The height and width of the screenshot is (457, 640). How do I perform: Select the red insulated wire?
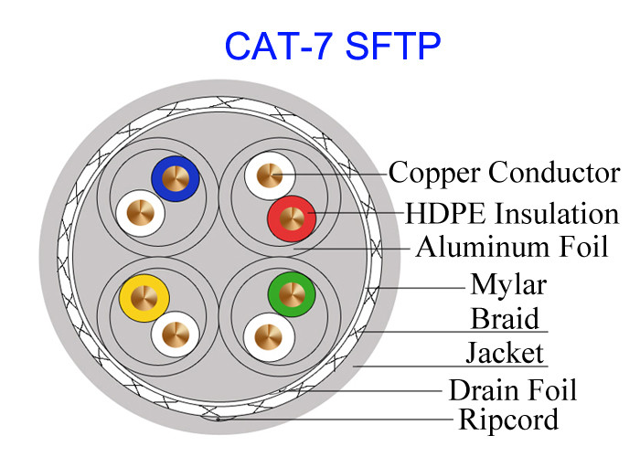click(291, 218)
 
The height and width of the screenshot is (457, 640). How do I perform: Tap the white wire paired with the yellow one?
click(175, 335)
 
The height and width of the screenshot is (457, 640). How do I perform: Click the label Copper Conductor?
click(504, 172)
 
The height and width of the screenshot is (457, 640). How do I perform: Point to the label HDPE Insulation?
click(512, 214)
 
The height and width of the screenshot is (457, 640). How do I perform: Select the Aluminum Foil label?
click(511, 247)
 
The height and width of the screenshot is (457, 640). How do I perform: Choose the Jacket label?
click(505, 353)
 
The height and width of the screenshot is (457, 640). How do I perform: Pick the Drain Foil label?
click(512, 390)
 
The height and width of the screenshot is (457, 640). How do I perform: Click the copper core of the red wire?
click(291, 218)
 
